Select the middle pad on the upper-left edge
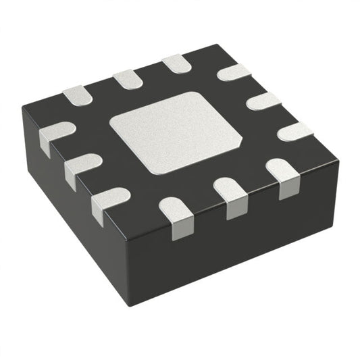(x=126, y=79)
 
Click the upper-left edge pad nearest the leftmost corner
(x=77, y=95)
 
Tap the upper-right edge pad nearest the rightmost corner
(x=294, y=131)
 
